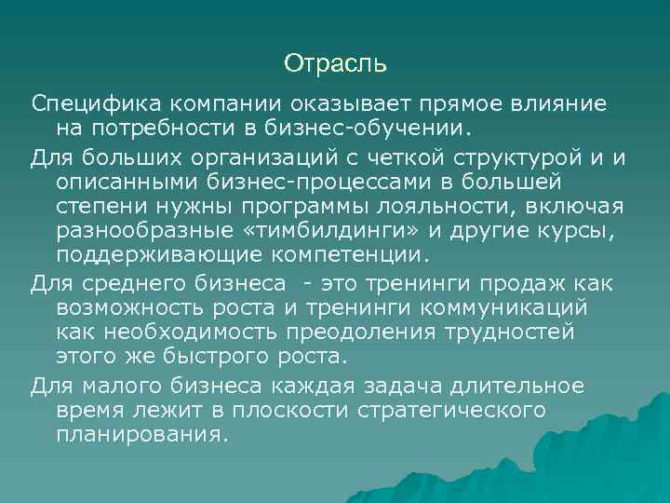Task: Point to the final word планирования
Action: [x=141, y=434]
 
